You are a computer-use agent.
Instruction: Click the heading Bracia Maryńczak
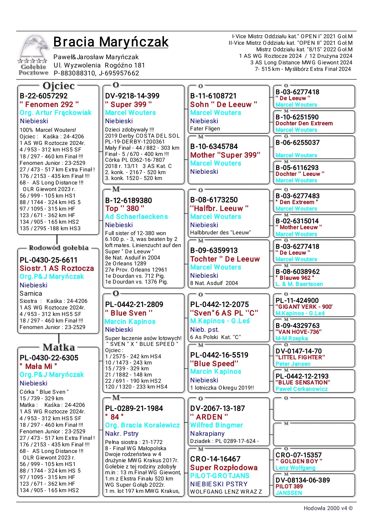click(111, 42)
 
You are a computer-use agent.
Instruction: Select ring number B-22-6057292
click(44, 96)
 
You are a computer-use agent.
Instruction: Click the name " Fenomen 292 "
click(49, 104)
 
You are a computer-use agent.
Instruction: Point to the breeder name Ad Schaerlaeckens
click(136, 216)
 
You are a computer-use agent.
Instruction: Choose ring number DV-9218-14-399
click(132, 96)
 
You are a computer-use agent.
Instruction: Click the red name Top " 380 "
click(125, 208)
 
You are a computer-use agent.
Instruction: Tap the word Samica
click(31, 293)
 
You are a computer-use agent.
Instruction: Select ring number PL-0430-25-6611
click(49, 260)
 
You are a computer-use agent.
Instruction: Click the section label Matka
click(59, 347)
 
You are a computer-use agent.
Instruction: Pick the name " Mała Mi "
click(39, 366)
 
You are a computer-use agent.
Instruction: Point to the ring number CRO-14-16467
click(215, 459)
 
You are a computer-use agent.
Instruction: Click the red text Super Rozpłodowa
click(224, 467)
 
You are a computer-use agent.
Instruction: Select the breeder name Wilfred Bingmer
click(217, 425)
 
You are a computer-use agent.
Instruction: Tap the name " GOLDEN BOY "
click(299, 461)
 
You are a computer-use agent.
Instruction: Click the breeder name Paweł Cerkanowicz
click(302, 389)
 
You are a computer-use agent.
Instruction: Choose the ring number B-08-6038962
click(298, 272)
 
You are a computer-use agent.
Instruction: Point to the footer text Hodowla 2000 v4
click(328, 508)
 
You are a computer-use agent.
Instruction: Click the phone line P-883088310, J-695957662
click(96, 73)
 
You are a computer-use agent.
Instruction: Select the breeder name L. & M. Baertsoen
click(299, 284)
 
